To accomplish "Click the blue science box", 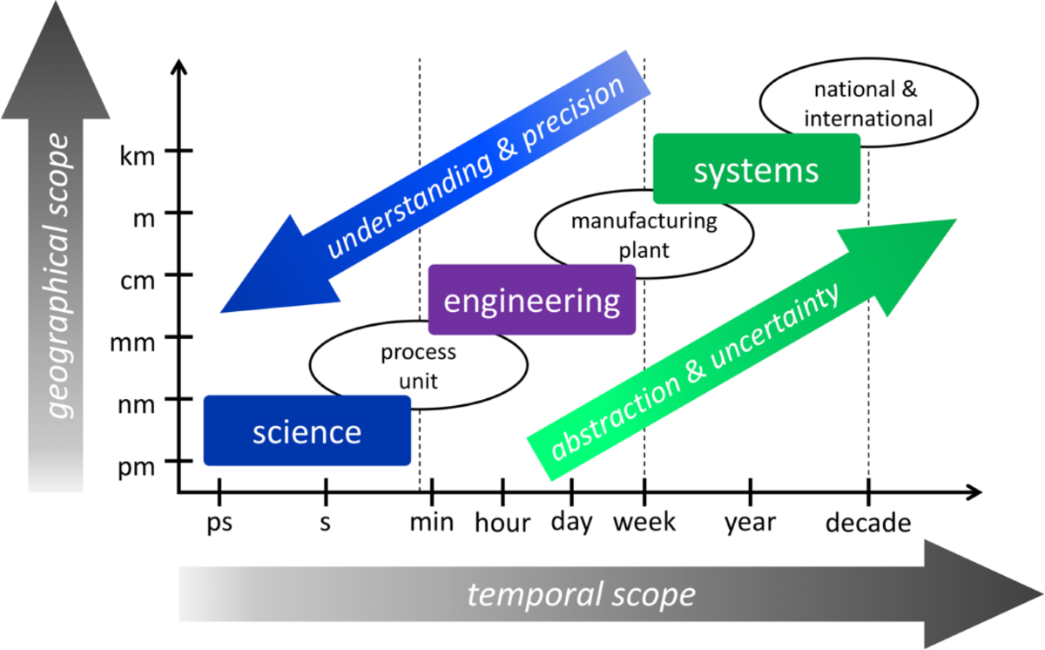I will (307, 431).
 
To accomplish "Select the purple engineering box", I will (531, 301).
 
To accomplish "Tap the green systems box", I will (756, 170).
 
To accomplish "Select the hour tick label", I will (502, 524).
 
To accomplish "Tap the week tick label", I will (644, 524).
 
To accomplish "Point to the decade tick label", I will (867, 524).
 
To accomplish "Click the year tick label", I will (750, 524).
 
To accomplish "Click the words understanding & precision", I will (475, 168).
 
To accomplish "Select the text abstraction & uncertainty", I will (697, 375).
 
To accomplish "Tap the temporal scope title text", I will (581, 595).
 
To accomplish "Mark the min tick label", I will (432, 524).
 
